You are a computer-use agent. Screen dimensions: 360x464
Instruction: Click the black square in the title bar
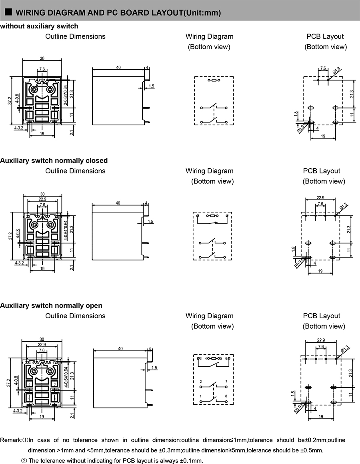pyautogui.click(x=8, y=12)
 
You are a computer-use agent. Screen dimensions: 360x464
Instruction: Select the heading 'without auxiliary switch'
pyautogui.click(x=39, y=26)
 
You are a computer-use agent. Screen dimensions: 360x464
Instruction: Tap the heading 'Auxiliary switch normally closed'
pyautogui.click(x=54, y=161)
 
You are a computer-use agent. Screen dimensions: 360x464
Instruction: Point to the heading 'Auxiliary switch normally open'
pyautogui.click(x=51, y=305)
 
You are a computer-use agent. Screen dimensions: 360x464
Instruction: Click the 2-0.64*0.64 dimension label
pyautogui.click(x=65, y=95)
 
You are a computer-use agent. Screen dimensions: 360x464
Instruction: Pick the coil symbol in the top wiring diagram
pyautogui.click(x=214, y=80)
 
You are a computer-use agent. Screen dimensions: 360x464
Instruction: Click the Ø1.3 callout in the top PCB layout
pyautogui.click(x=337, y=71)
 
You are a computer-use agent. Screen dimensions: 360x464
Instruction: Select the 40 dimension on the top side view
pyautogui.click(x=118, y=68)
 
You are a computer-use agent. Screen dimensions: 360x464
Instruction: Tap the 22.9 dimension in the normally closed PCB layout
pyautogui.click(x=320, y=197)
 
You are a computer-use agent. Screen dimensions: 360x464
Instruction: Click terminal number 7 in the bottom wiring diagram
pyautogui.click(x=226, y=382)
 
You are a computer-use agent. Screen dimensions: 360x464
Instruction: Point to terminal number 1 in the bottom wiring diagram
pyautogui.click(x=201, y=396)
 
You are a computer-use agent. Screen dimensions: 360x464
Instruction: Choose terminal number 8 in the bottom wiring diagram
pyautogui.click(x=226, y=396)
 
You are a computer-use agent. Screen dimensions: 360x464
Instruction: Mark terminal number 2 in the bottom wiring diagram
pyautogui.click(x=201, y=382)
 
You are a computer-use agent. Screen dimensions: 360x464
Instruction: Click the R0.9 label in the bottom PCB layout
pyautogui.click(x=298, y=409)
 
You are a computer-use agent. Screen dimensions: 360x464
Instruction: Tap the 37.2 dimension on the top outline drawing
pyautogui.click(x=10, y=100)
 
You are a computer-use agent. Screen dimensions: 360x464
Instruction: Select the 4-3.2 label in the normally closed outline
pyautogui.click(x=19, y=263)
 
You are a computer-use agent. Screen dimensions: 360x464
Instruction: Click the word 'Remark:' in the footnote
pyautogui.click(x=11, y=440)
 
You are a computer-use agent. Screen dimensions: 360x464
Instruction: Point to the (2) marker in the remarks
pyautogui.click(x=24, y=461)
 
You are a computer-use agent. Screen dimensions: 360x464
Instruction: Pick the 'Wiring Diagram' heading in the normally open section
pyautogui.click(x=210, y=316)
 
